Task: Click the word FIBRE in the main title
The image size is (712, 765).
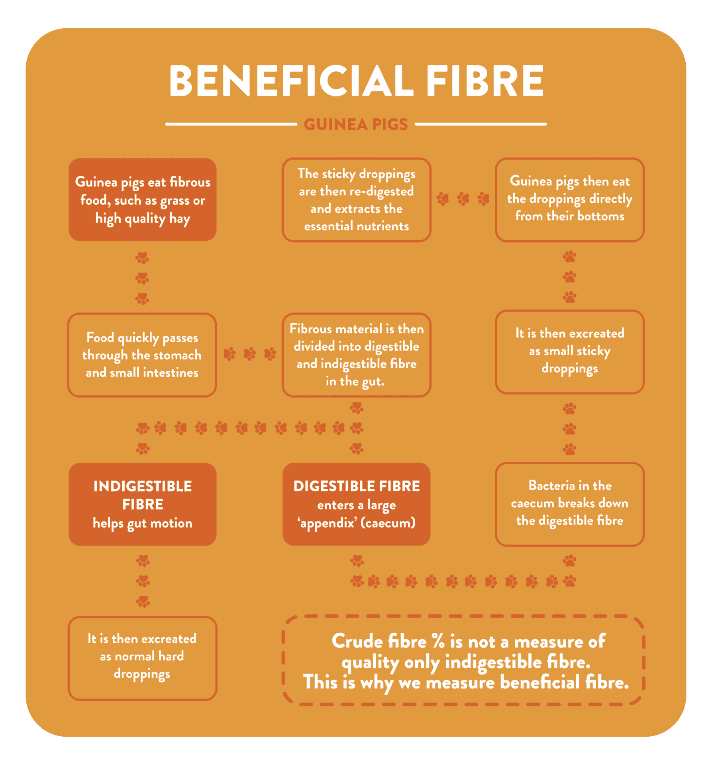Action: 485,80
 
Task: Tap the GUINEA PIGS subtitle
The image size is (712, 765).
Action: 356,124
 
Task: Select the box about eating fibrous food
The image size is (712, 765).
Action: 143,200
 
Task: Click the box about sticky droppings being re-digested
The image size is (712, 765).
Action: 357,200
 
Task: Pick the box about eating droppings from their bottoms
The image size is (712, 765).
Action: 570,200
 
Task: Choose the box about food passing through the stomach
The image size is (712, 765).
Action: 142,355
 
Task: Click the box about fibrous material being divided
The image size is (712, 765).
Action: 357,355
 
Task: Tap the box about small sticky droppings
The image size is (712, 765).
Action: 570,352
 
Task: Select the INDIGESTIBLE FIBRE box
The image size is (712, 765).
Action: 143,504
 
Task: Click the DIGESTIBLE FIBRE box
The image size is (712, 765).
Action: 357,504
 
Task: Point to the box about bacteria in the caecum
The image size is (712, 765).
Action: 570,504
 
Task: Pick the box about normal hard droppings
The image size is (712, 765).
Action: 142,658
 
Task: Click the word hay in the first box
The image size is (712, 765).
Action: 180,219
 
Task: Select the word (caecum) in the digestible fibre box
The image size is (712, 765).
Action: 388,523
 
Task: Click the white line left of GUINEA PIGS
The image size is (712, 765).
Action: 231,124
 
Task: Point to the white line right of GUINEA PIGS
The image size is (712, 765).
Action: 481,124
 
